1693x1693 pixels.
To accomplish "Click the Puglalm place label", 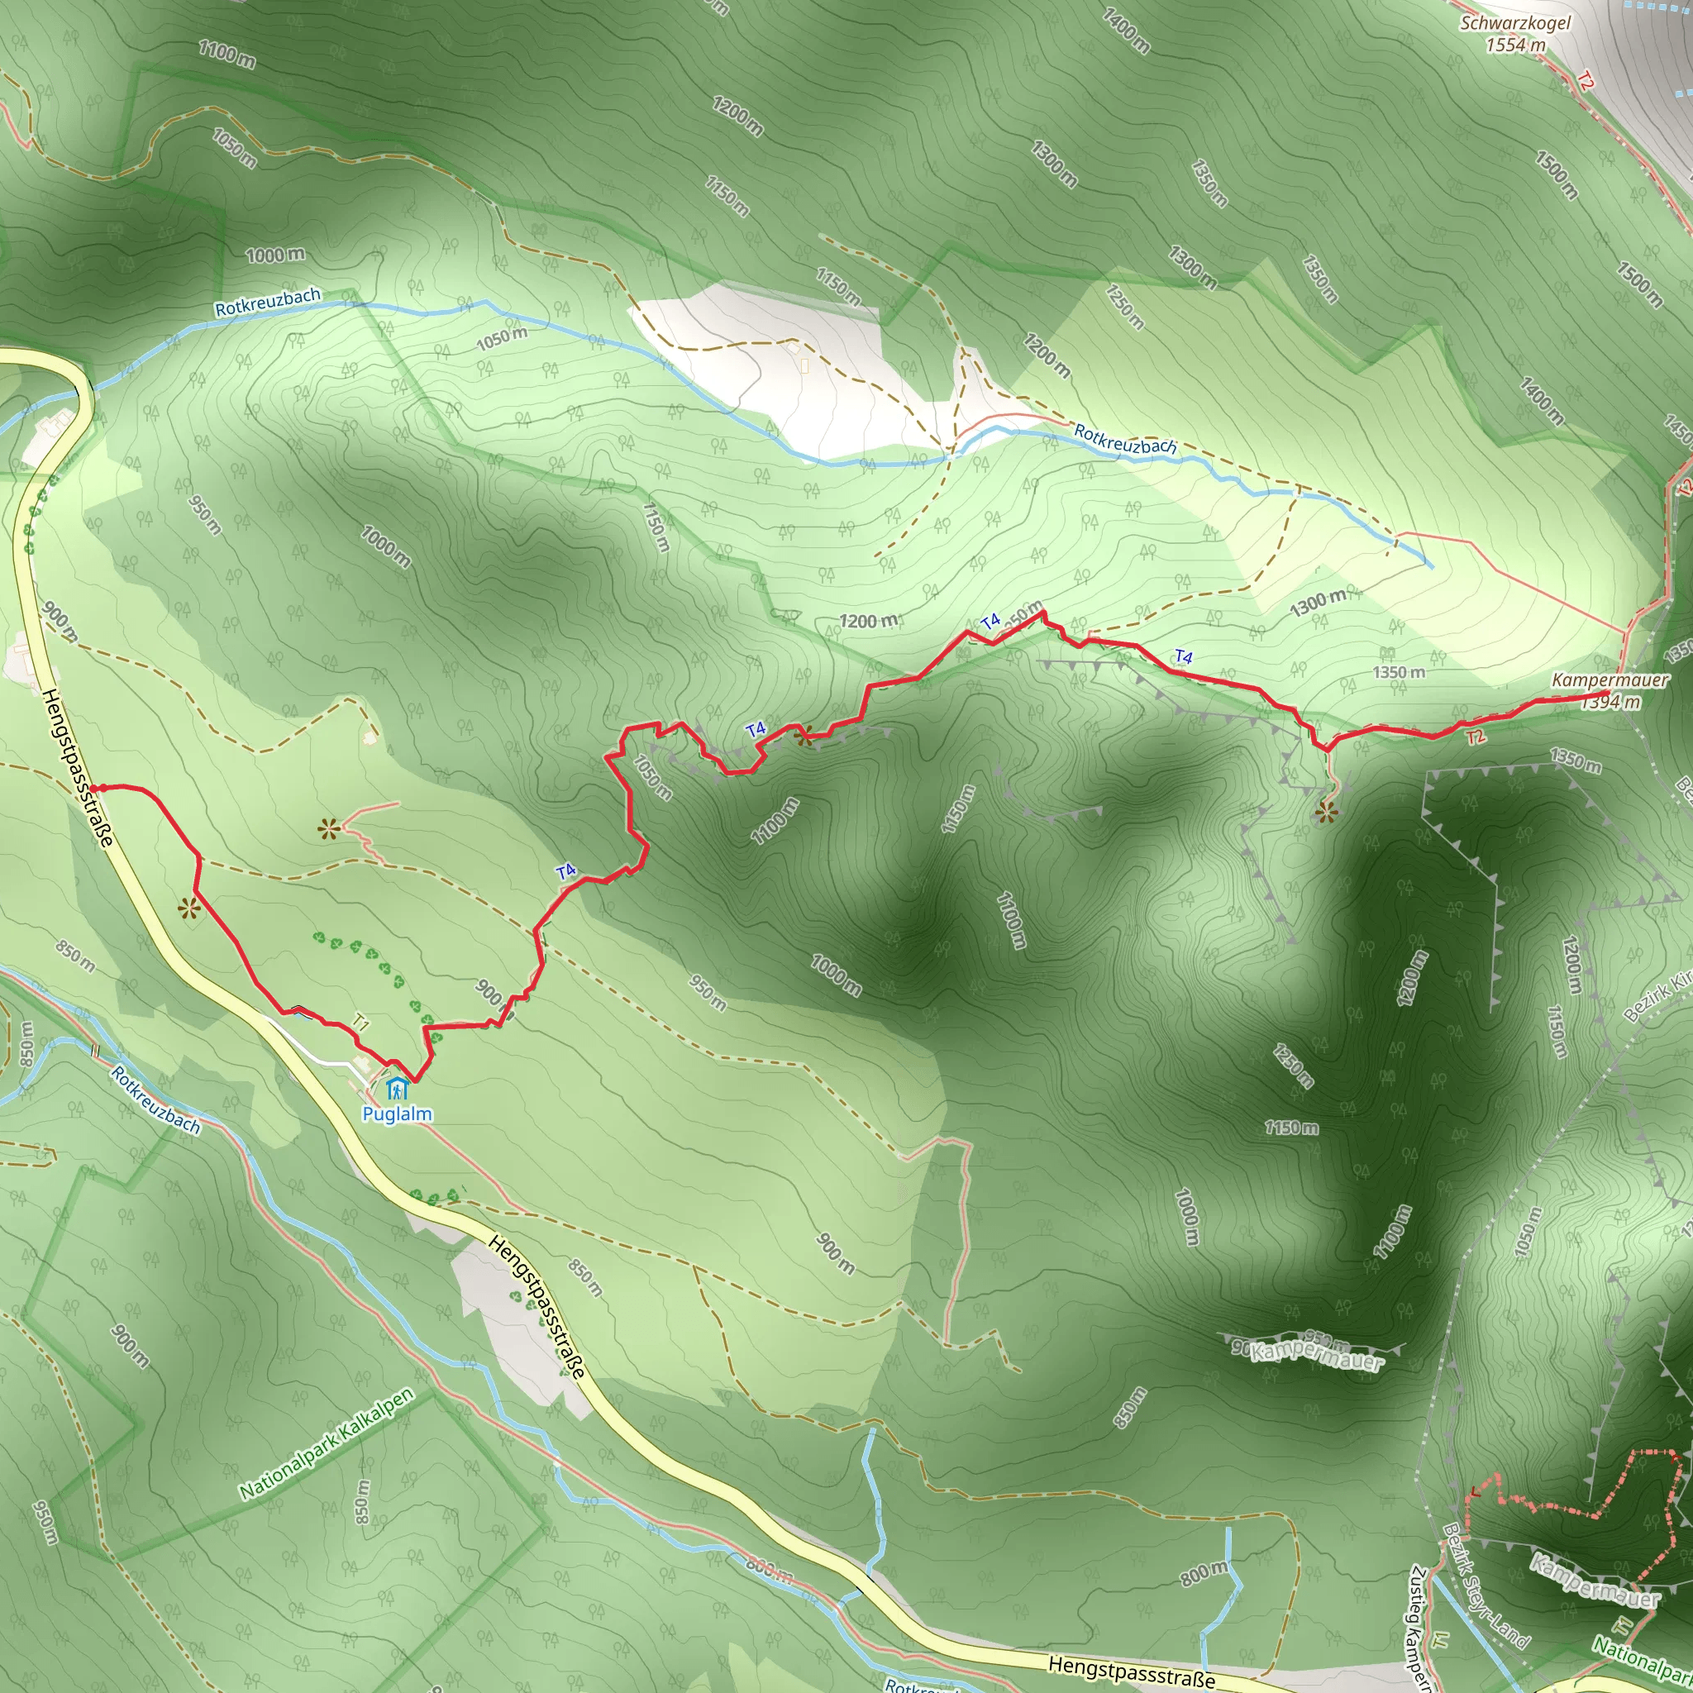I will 397,1114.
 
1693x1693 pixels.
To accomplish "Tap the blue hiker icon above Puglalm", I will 398,1090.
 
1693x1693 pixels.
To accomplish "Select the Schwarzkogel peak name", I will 1515,24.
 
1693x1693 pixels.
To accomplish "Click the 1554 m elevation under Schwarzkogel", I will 1515,45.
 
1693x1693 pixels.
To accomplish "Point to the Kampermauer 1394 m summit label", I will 1610,689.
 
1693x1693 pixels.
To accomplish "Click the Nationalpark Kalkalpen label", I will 326,1444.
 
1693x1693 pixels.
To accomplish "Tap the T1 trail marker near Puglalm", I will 360,1022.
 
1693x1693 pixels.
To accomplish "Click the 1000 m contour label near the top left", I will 275,255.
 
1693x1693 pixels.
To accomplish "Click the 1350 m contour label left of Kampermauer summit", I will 1399,672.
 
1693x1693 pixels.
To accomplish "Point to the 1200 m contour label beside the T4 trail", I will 869,621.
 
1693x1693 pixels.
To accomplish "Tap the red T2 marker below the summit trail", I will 1476,736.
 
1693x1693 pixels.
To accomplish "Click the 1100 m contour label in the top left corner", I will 227,54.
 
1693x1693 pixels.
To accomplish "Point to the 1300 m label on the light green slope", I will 1318,602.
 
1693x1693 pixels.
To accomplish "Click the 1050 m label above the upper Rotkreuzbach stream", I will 502,338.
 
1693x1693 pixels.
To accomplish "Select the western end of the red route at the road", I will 94,788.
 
